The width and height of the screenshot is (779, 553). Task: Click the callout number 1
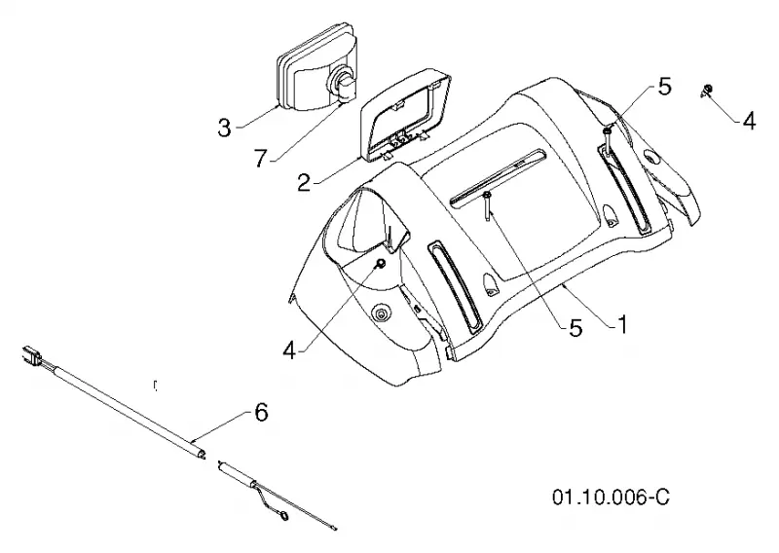coord(621,325)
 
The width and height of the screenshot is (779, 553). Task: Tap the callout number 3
coord(225,128)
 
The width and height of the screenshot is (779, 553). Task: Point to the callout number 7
coord(260,158)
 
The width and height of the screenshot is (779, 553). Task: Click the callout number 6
coord(261,412)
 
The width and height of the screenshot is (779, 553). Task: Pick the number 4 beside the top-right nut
coord(749,121)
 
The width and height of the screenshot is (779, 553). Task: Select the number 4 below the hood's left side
coord(289,350)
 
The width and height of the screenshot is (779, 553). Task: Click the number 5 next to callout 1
coord(575,327)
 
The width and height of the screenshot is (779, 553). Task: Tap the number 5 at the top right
coord(664,87)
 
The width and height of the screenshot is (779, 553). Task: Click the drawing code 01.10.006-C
coord(612,497)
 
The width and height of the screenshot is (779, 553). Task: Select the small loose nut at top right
coord(708,90)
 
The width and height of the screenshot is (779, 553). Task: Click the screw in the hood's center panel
coord(488,205)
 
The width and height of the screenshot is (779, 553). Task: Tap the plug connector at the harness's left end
coord(31,355)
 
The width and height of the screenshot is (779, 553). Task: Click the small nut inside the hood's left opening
coord(381,263)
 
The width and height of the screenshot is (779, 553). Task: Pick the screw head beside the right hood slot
coord(608,131)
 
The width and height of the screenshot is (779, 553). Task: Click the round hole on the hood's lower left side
coord(381,313)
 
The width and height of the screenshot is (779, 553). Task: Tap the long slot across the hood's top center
coord(497,176)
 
